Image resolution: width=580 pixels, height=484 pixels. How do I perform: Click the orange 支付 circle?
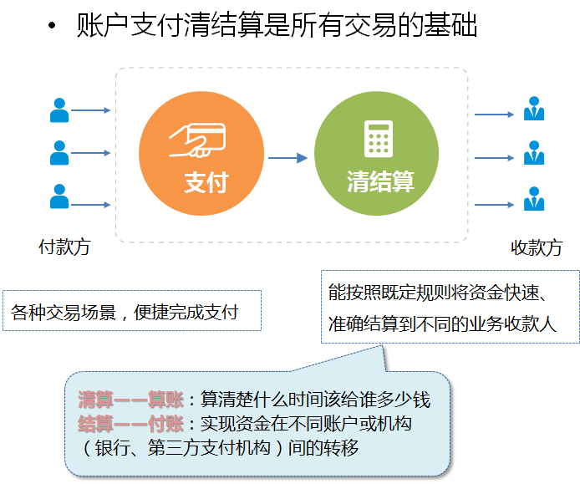click(200, 158)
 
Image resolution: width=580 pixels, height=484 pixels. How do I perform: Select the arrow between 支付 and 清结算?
click(289, 157)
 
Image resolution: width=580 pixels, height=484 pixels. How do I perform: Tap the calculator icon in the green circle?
click(379, 138)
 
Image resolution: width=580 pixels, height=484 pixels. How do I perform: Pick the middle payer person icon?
click(59, 153)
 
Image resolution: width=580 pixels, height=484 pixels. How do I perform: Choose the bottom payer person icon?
click(59, 196)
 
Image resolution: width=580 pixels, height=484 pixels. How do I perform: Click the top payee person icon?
click(533, 110)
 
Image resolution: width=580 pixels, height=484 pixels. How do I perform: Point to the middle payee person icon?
click(533, 154)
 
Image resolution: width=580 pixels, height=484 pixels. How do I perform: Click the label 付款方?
click(64, 247)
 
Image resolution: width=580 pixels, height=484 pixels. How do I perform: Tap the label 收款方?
click(536, 248)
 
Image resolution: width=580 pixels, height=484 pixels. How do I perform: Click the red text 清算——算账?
click(130, 400)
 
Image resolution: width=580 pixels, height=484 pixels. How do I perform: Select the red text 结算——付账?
click(130, 423)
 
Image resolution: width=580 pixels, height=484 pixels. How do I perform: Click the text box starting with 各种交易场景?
click(132, 311)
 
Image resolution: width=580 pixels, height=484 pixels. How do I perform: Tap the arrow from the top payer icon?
click(91, 110)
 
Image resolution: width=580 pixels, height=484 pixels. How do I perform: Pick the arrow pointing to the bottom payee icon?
click(494, 203)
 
